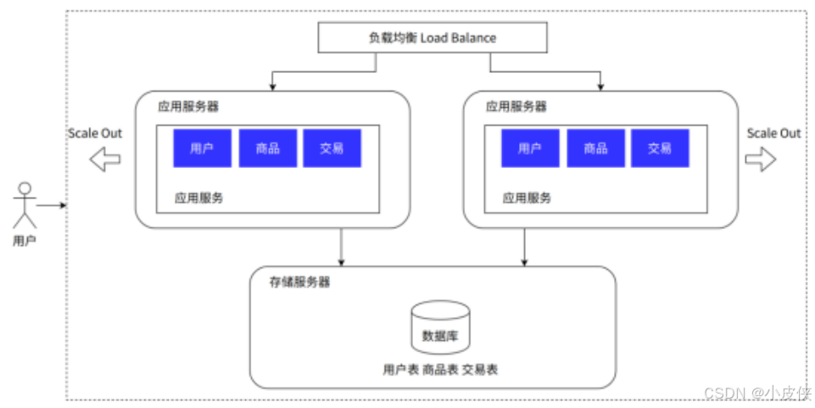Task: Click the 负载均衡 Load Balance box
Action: click(433, 37)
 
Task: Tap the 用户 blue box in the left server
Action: click(202, 148)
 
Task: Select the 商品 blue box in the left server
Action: click(268, 148)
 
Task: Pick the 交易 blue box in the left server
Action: click(332, 148)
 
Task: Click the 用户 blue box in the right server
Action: click(530, 148)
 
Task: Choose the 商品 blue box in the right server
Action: click(595, 148)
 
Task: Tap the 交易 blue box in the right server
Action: click(660, 148)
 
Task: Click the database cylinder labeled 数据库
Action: click(440, 327)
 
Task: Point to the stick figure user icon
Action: click(25, 205)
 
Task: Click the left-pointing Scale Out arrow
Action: click(105, 159)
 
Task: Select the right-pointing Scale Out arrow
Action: click(761, 159)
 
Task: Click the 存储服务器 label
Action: click(299, 282)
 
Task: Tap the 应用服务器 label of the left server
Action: click(188, 107)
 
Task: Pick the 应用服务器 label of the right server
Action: click(516, 107)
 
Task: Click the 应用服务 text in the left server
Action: click(198, 198)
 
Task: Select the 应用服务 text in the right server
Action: click(527, 198)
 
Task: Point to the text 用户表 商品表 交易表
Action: click(440, 370)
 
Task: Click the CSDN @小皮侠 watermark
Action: click(758, 393)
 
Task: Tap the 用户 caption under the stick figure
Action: click(25, 241)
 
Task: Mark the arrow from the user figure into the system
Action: click(52, 205)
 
